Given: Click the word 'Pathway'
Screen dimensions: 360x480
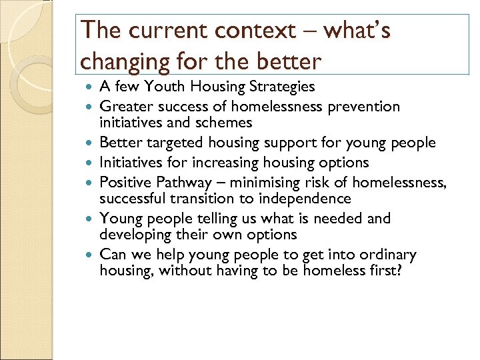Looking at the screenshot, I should (180, 182).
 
